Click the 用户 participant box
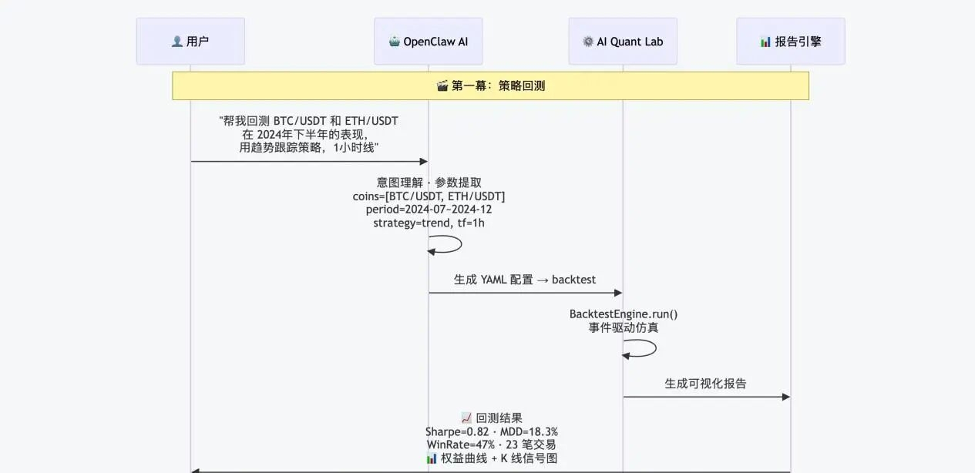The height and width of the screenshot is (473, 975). tap(190, 42)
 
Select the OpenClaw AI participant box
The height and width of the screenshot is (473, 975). tap(428, 42)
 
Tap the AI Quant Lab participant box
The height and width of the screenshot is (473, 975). tap(623, 42)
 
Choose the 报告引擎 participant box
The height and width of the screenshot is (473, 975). tap(790, 42)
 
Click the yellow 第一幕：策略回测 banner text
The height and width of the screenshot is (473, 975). tap(498, 86)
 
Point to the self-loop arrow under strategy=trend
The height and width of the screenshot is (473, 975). tap(455, 245)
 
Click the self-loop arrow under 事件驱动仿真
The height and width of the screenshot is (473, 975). tap(649, 348)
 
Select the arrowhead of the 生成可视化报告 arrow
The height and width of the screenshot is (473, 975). tap(785, 397)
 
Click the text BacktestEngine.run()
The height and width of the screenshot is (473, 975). tap(623, 314)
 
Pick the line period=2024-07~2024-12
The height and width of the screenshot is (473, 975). tap(429, 210)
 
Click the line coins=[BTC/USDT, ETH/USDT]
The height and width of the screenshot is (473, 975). tap(429, 196)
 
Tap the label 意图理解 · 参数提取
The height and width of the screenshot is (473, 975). tap(429, 183)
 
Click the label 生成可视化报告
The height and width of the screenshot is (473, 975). tap(705, 383)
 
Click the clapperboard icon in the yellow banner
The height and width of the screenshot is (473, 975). tap(442, 86)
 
